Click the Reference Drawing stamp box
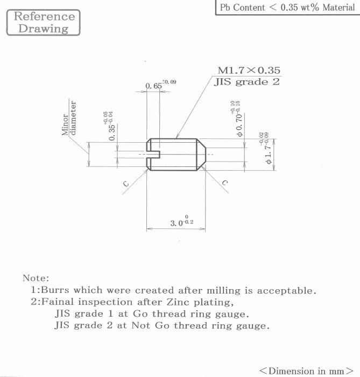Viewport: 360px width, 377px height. (43, 23)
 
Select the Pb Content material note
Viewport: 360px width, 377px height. (287, 8)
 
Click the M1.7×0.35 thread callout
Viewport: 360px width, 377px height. (249, 70)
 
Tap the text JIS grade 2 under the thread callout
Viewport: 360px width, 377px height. (246, 82)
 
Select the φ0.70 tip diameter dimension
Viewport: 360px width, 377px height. (236, 119)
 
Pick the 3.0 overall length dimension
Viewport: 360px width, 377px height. (181, 221)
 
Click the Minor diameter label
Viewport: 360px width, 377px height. (69, 118)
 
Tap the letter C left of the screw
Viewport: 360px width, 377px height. (126, 184)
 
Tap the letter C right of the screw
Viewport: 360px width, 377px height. (225, 183)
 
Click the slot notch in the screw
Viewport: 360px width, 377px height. (153, 155)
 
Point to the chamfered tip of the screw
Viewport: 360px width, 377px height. (201, 155)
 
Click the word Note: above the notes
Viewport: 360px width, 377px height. (36, 278)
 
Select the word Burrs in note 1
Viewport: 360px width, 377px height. (55, 290)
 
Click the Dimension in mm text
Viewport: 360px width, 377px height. (306, 371)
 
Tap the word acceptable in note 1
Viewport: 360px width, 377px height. (287, 290)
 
